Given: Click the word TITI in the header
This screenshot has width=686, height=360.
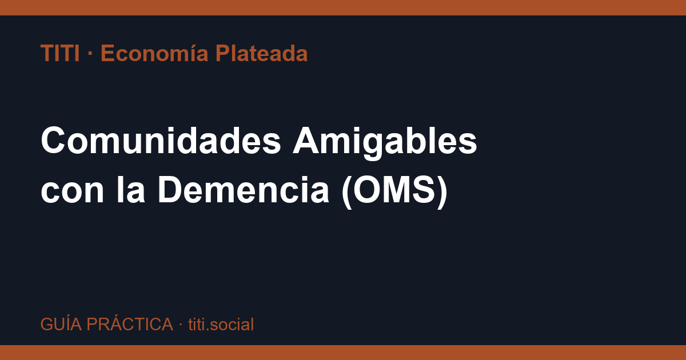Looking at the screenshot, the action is [60, 53].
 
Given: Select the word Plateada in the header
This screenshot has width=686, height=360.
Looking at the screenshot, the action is [262, 53].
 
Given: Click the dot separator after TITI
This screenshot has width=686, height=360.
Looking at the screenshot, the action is [90, 53].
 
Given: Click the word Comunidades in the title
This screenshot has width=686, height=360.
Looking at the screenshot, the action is [161, 141].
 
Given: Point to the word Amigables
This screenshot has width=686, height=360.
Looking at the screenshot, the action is [385, 142].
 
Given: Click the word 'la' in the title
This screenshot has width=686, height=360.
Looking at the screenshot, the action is [131, 189].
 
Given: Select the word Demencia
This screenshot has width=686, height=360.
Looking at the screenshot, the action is [244, 189].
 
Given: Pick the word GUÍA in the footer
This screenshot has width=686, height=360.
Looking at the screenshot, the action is [61, 323].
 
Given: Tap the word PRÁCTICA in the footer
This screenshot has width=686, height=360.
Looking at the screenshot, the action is [130, 323].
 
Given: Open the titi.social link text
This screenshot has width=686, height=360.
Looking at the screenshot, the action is [221, 324].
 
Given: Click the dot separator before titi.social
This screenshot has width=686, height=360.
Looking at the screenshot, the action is [181, 325].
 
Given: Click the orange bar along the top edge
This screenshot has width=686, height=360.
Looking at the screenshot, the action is [343, 7].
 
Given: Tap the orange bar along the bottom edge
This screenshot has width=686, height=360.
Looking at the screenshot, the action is [343, 353].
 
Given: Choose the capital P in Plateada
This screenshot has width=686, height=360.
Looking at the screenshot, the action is [224, 53].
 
